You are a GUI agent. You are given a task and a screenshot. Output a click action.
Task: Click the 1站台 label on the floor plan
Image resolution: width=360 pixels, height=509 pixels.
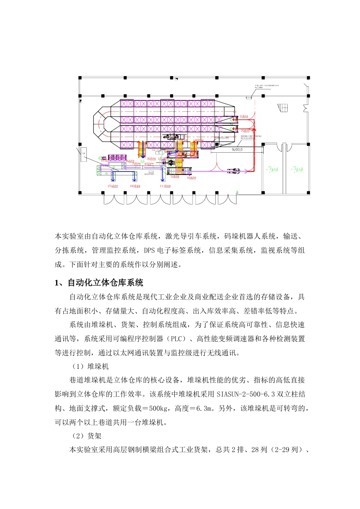pyautogui.click(x=244, y=117)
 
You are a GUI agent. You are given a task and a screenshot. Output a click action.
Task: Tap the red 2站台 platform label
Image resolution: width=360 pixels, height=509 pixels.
pyautogui.click(x=245, y=131)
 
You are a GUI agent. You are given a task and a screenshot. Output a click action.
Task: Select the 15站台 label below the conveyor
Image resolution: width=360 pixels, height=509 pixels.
pyautogui.click(x=113, y=186)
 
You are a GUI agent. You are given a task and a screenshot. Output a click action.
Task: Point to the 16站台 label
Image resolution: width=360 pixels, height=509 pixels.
pyautogui.click(x=135, y=186)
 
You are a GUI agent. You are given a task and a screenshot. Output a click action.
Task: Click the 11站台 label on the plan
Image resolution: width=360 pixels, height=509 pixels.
pyautogui.click(x=165, y=186)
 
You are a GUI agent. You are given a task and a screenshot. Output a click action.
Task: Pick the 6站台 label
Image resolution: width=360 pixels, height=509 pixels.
pyautogui.click(x=192, y=178)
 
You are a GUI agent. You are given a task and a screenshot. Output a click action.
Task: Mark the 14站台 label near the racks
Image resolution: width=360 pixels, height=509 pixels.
pyautogui.click(x=198, y=141)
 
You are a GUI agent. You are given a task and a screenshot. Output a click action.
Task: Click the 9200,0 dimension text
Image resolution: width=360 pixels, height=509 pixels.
pyautogui.click(x=237, y=150)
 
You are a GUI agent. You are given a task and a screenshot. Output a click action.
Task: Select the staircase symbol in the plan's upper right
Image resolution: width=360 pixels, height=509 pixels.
pyautogui.click(x=283, y=108)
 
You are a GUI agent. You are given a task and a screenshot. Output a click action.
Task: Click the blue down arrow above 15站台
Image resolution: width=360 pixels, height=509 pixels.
pyautogui.click(x=113, y=176)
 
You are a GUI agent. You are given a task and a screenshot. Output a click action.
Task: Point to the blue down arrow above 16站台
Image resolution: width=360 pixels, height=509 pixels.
pyautogui.click(x=135, y=176)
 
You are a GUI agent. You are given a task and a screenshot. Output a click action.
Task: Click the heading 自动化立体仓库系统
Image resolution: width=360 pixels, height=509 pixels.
pyautogui.click(x=105, y=283)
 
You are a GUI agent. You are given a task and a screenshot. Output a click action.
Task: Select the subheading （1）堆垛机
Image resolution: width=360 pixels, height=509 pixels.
pyautogui.click(x=91, y=367)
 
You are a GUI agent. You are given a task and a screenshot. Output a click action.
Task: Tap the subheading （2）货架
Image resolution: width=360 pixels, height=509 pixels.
pyautogui.click(x=87, y=436)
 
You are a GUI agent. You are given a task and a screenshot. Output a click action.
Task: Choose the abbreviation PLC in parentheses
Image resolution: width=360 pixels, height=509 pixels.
pyautogui.click(x=176, y=339)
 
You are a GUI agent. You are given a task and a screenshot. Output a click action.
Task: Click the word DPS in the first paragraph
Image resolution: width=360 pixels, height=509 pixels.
pyautogui.click(x=150, y=250)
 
